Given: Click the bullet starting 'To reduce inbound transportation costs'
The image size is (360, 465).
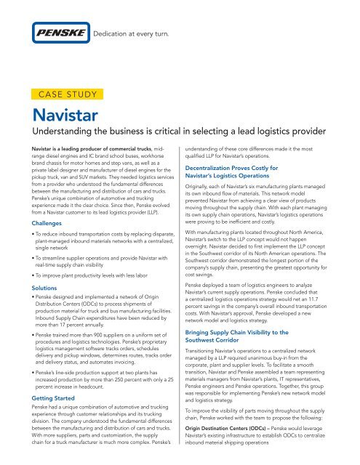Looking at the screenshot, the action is [x=99, y=244].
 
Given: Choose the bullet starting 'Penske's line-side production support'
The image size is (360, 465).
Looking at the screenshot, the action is [x=99, y=358].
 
